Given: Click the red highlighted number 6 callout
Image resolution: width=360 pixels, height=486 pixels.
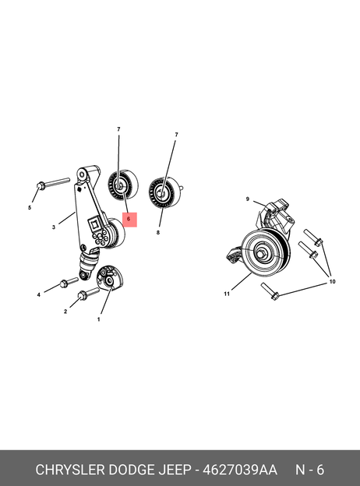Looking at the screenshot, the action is [x=129, y=220].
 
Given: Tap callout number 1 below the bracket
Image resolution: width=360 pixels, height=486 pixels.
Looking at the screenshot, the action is [x=99, y=319].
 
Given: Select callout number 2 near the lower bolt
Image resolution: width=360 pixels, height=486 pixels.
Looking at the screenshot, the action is [x=65, y=312].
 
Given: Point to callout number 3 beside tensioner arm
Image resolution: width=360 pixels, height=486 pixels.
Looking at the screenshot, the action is [x=54, y=227].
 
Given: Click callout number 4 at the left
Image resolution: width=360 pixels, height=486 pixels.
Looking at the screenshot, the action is [x=39, y=294].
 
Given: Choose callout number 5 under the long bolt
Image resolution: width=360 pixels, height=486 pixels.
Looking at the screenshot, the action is [x=30, y=208].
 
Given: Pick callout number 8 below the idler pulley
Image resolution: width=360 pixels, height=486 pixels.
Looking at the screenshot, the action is [x=158, y=232].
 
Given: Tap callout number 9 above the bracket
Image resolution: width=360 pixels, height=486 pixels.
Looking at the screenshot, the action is [x=248, y=199].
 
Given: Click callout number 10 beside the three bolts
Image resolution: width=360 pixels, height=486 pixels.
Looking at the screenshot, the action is [x=332, y=282].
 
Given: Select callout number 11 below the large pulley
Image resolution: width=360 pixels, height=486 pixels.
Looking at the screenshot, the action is [x=227, y=294].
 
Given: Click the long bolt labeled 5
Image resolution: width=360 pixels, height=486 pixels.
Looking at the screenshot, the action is [x=53, y=183].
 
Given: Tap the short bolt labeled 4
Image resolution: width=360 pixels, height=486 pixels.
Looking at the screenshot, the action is [x=69, y=283].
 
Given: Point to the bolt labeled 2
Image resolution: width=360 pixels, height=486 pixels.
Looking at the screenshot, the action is [x=88, y=294].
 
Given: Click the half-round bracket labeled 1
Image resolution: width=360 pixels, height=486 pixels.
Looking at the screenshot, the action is [x=110, y=278].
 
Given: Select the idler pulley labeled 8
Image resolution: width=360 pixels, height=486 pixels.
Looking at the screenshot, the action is [x=164, y=193].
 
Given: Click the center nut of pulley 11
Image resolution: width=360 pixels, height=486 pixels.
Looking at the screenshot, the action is [x=260, y=254].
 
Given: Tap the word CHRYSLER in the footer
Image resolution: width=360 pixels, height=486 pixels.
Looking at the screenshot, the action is [x=70, y=470].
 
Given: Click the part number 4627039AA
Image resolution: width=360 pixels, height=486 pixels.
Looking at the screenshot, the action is [x=240, y=470].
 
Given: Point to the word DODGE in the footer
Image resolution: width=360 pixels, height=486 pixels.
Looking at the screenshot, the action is [x=132, y=470].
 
